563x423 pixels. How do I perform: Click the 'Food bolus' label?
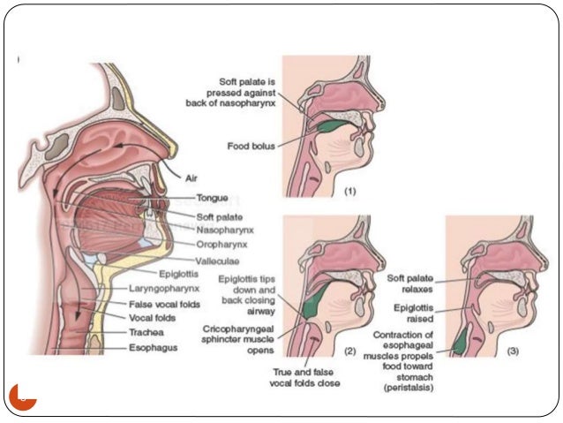click(x=252, y=145)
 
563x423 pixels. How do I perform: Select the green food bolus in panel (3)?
click(x=460, y=340)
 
